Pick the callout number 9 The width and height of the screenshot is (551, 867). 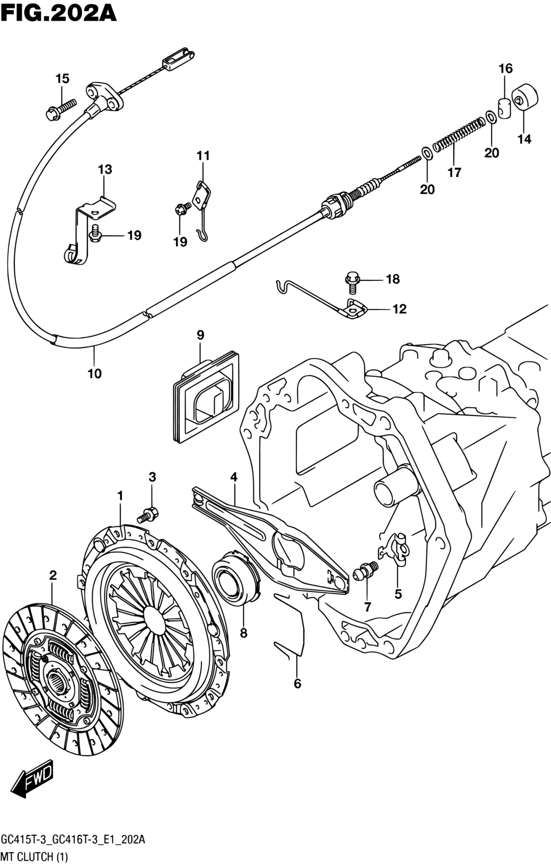click(x=200, y=335)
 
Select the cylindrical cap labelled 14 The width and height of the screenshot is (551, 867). click(x=525, y=98)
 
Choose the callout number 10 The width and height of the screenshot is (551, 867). click(x=94, y=373)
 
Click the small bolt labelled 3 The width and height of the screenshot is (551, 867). click(x=148, y=514)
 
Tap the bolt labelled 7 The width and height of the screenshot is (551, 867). click(x=367, y=571)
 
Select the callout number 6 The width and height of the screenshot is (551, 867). click(x=297, y=684)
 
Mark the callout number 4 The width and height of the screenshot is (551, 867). click(x=234, y=477)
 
